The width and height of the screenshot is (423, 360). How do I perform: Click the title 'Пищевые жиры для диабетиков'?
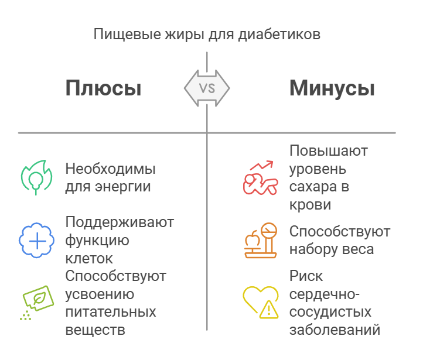coord(207,34)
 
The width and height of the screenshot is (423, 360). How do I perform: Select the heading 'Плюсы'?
coord(103,88)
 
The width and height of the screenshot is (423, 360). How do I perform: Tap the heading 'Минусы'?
coord(332,88)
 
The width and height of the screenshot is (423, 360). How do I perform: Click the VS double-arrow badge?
coord(207,89)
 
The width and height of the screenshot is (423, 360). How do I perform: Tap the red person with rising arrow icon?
coord(260,178)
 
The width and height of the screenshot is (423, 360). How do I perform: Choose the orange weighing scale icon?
coord(260,240)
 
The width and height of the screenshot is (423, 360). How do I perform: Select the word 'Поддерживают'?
coord(120,222)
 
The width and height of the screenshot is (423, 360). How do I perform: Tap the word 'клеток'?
coord(89,258)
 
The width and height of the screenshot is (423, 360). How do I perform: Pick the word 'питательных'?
coord(110,311)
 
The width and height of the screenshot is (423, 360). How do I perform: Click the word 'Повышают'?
coord(329,151)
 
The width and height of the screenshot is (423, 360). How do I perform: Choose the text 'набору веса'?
coord(332,249)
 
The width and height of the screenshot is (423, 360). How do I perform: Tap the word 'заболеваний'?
coord(335,329)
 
